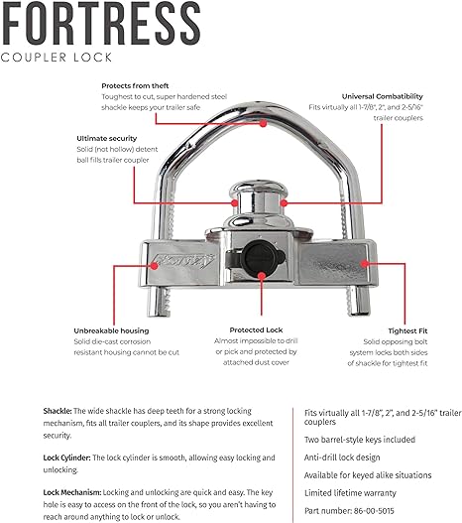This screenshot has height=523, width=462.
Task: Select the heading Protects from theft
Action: (x=140, y=85)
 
